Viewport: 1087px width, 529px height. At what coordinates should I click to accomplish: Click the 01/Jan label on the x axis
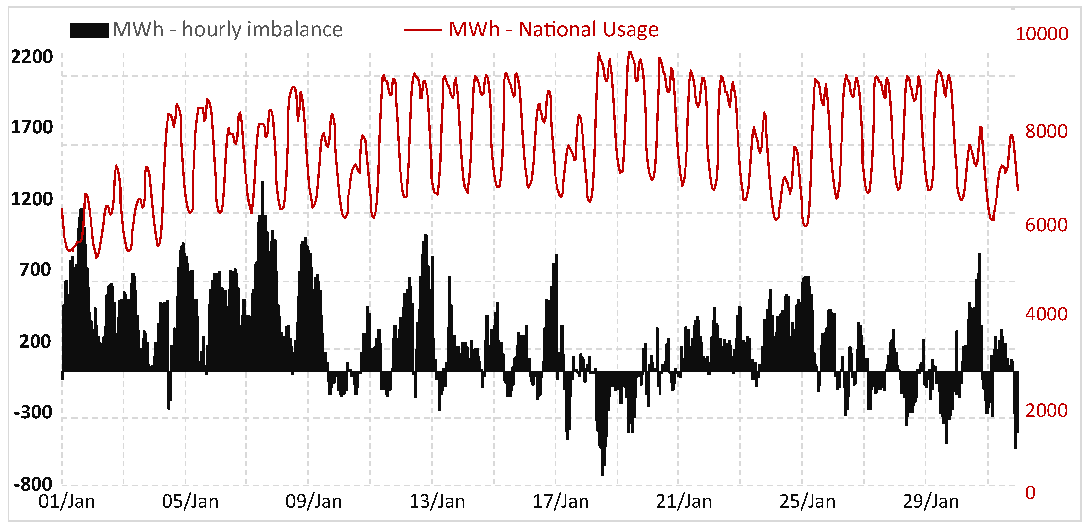pos(67,502)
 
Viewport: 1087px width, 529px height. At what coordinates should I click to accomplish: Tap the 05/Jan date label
pos(190,502)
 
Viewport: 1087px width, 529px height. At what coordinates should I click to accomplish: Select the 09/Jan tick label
pos(314,502)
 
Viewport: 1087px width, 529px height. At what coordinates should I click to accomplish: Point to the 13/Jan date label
pos(437,502)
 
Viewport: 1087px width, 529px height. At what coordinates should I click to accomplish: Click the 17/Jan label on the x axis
pos(560,502)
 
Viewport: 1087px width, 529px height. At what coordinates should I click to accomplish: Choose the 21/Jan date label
pos(684,502)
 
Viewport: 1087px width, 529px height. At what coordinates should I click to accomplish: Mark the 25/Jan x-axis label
pos(807,502)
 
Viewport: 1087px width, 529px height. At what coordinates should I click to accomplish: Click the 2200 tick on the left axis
pos(32,57)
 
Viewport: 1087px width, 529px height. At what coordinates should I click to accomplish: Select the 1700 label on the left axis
pos(32,127)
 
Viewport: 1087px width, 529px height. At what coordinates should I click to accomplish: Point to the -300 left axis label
pos(33,412)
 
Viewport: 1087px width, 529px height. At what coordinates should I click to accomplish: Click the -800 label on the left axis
pos(33,484)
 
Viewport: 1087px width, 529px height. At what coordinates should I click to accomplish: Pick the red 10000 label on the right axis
pos(1042,34)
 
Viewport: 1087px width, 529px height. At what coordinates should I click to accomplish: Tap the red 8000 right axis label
pos(1047,131)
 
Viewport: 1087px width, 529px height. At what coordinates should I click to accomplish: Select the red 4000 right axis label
pos(1047,314)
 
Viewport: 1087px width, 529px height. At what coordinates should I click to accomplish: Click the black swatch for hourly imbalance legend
pos(90,30)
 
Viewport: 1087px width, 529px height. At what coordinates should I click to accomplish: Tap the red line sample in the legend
pos(423,30)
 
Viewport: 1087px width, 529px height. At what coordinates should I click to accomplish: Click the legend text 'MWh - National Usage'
pos(553,30)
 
